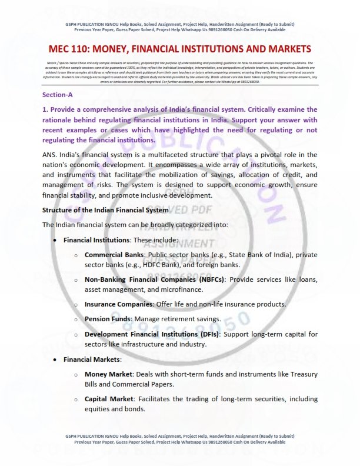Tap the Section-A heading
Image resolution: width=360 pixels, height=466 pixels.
click(x=58, y=94)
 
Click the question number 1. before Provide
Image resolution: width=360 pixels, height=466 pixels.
click(x=45, y=109)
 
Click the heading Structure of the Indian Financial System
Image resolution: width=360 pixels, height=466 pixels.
click(x=105, y=209)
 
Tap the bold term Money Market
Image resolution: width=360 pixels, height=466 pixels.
click(x=108, y=374)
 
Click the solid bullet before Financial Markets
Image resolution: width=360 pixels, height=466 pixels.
click(x=55, y=359)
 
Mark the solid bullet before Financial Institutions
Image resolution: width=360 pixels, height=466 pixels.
click(x=55, y=240)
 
